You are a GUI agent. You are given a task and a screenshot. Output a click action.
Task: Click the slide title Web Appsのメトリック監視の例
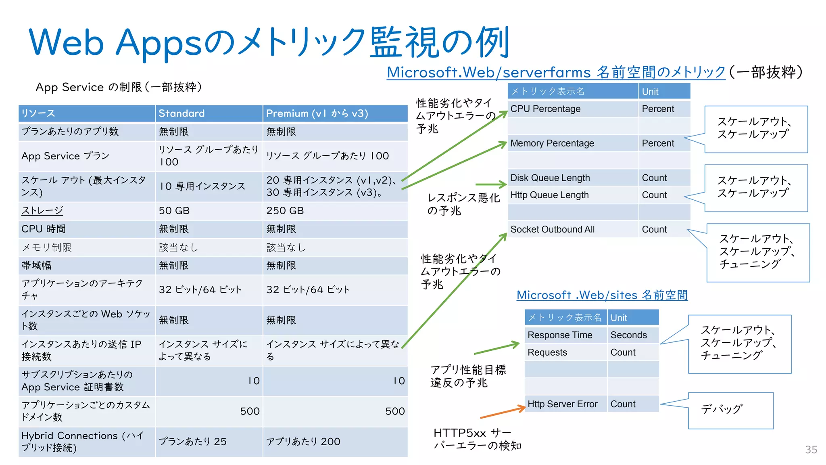click(269, 42)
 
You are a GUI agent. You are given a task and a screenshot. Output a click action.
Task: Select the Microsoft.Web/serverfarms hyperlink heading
click(556, 72)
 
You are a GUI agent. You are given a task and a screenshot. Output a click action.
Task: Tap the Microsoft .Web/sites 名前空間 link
click(602, 295)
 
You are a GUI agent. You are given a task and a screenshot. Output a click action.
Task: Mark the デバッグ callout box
click(730, 410)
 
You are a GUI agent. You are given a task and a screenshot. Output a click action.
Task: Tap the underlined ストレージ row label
click(42, 211)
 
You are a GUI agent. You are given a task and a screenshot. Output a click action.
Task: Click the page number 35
click(811, 450)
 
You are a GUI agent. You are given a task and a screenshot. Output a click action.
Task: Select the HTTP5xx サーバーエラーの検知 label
click(477, 439)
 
